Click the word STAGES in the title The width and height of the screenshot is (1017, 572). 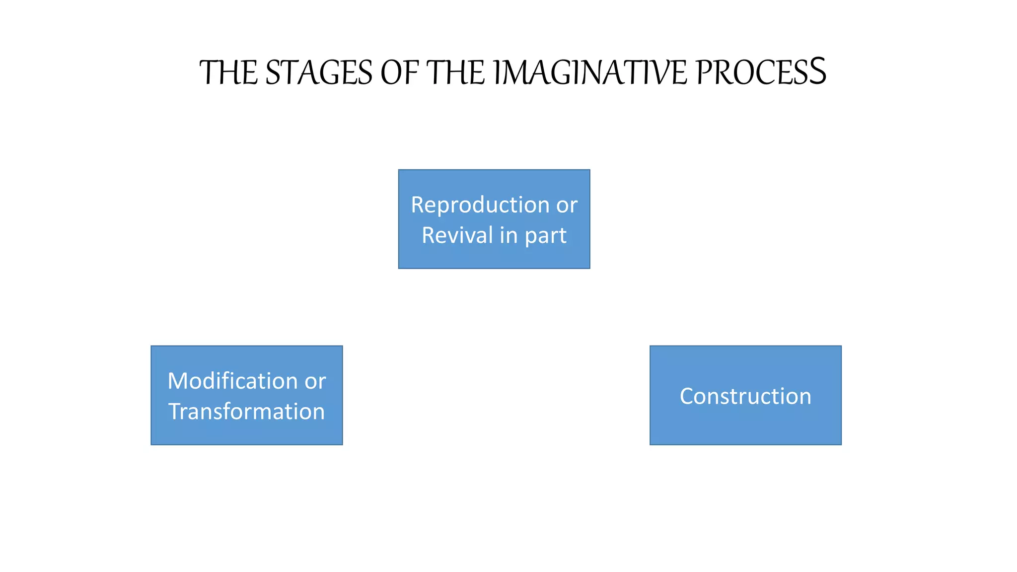319,73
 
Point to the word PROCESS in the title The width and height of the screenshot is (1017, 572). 761,73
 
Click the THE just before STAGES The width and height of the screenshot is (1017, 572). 228,73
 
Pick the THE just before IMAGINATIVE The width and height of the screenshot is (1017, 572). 455,73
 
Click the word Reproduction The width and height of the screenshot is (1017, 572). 480,205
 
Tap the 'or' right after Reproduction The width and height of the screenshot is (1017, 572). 567,205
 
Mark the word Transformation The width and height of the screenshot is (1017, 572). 246,412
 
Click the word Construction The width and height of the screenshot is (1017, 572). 745,396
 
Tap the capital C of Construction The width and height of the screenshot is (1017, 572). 686,396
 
